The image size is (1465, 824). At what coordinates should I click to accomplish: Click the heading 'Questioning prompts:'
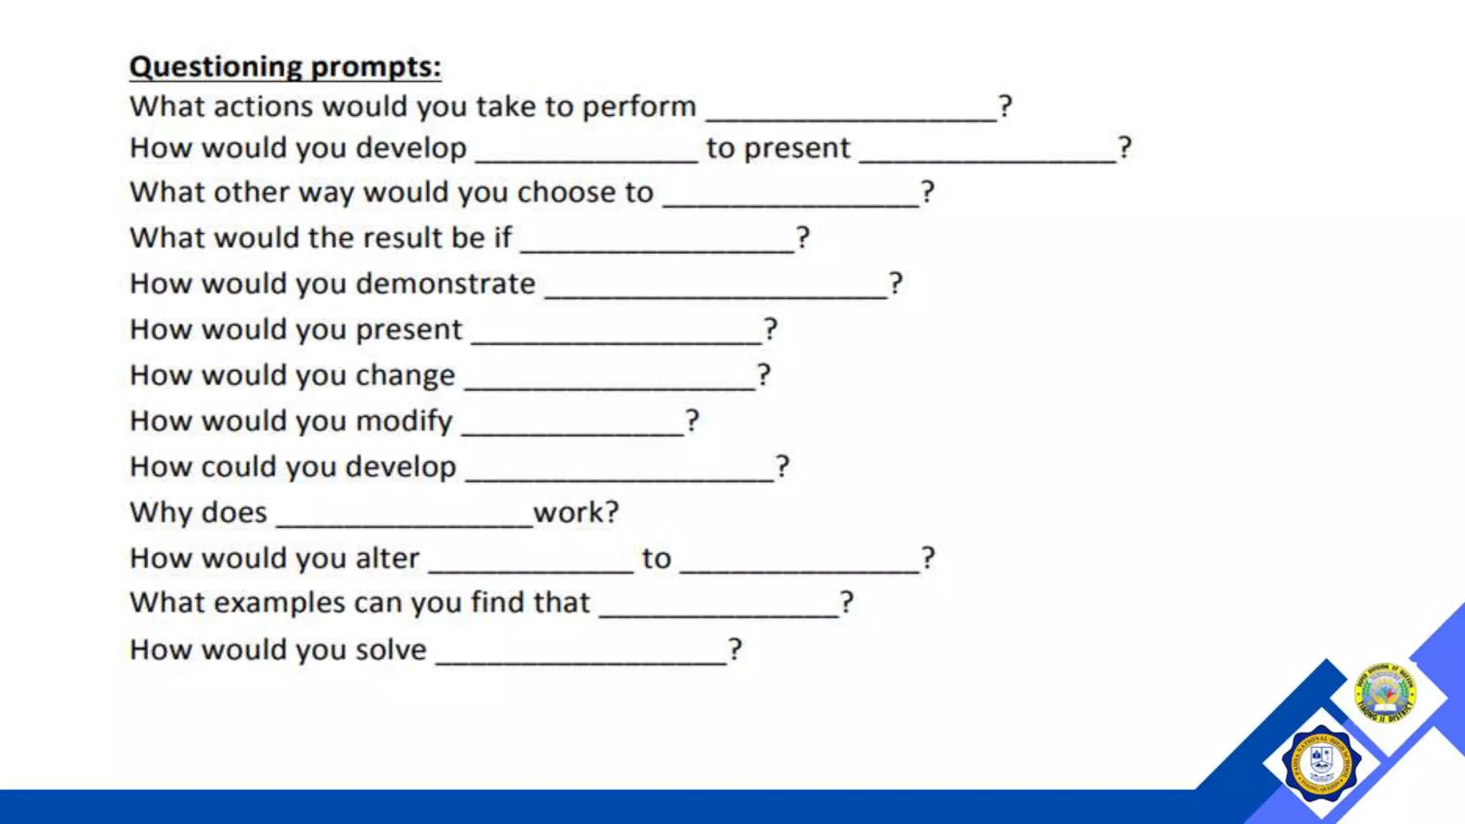coord(285,67)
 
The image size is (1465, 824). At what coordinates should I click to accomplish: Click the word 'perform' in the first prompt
coord(639,107)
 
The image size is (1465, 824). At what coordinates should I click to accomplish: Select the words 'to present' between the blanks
coord(778,149)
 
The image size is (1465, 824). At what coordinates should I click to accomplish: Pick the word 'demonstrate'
coord(445,284)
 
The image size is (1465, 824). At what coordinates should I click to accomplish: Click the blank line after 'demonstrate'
coord(715,295)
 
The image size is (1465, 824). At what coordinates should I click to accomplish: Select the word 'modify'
coord(404,421)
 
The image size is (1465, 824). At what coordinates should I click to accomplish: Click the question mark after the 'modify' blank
coord(692,421)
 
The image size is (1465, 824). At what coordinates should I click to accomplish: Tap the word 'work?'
coord(576,513)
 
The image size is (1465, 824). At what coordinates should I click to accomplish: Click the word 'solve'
coord(391,650)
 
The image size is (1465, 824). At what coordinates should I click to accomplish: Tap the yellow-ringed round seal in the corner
coord(1386,692)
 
